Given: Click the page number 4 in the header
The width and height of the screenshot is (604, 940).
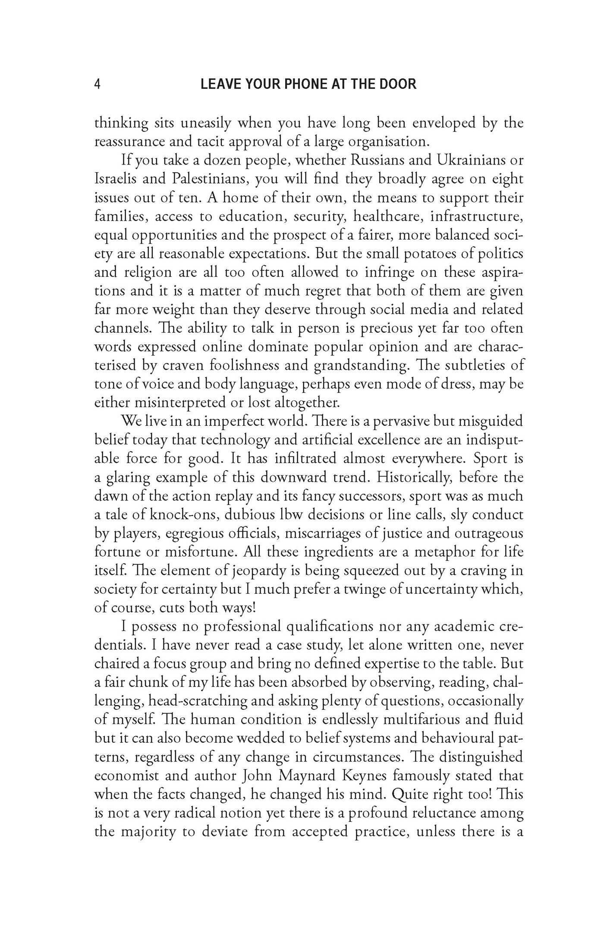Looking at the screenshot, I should (98, 84).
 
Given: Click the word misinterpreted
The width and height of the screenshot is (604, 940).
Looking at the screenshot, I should (180, 402).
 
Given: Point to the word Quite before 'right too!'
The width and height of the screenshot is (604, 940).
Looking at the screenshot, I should (404, 794).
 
